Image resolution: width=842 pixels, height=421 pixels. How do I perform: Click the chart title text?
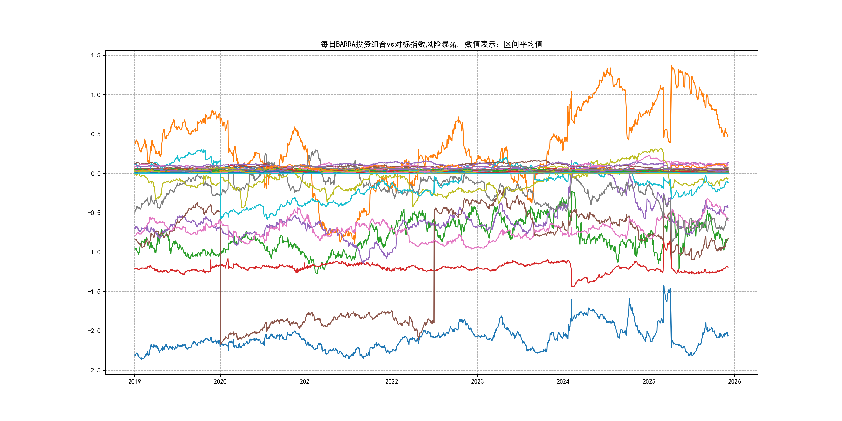431,44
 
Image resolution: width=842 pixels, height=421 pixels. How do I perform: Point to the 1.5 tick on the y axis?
96,56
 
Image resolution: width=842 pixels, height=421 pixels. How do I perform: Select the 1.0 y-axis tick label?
96,95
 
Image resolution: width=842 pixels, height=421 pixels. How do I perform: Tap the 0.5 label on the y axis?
96,134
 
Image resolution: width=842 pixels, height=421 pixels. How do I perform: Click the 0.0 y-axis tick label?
96,174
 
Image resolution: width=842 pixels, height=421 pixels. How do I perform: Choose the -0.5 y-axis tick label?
94,213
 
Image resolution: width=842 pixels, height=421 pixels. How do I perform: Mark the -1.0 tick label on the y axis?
94,252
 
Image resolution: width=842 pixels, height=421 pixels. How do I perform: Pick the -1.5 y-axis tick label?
94,292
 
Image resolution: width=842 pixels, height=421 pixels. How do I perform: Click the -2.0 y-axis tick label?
94,331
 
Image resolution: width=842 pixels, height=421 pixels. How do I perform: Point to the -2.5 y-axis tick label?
94,370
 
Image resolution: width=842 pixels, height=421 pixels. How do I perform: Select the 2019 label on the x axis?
134,381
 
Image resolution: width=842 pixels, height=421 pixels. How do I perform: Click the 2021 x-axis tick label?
306,381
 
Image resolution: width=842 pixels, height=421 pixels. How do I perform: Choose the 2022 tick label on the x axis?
392,381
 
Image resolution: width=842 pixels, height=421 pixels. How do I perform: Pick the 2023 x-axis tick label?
477,381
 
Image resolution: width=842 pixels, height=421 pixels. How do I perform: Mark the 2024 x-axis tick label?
563,381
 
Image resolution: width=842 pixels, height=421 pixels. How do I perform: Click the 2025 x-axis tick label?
649,381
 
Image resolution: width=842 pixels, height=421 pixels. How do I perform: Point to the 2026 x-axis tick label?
734,381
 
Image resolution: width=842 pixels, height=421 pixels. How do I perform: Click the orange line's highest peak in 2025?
671,66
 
